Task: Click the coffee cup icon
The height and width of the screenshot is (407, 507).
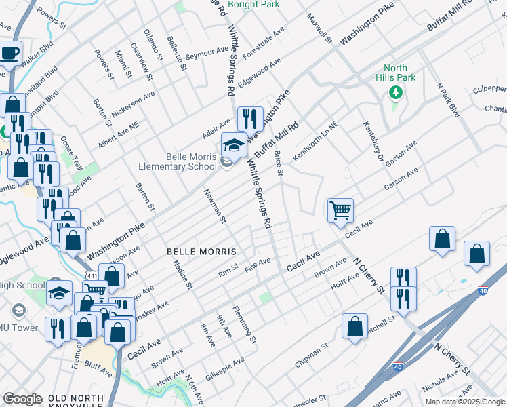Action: coord(10,52)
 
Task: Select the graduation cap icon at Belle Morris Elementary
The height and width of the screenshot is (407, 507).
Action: coord(234,144)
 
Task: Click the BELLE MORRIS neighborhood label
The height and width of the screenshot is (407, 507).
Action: coord(202,252)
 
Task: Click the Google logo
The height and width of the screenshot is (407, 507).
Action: coord(22,399)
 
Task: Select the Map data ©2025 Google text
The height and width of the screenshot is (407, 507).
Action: coord(464,402)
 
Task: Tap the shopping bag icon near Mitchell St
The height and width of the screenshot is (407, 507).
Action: coord(354,326)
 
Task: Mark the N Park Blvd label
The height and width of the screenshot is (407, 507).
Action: coord(447,100)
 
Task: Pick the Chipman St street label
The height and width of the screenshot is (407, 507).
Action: coord(311,355)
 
